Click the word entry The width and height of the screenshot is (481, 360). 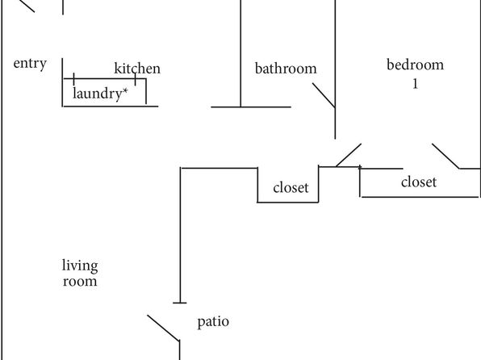point(30,64)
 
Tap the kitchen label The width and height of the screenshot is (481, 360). point(137,68)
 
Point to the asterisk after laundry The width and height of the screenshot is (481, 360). point(125,90)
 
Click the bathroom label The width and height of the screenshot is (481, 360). point(286,68)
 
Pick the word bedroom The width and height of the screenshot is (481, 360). point(415,65)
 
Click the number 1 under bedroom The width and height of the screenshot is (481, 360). point(416,84)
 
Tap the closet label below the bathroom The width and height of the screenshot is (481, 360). point(291,187)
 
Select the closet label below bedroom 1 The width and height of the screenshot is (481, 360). point(419,182)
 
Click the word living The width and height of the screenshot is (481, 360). point(80,266)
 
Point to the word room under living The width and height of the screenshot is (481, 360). point(80,282)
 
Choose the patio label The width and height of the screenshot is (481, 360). point(213,322)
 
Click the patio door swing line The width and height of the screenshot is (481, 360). point(163,328)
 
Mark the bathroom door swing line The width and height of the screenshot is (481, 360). point(324,95)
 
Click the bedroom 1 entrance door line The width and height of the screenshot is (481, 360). point(349,155)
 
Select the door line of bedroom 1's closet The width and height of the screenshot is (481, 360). point(445,156)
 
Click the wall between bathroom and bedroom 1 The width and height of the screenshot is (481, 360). point(335,69)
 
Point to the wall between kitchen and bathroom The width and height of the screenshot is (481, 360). point(240,53)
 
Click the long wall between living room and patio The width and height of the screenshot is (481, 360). point(181,236)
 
